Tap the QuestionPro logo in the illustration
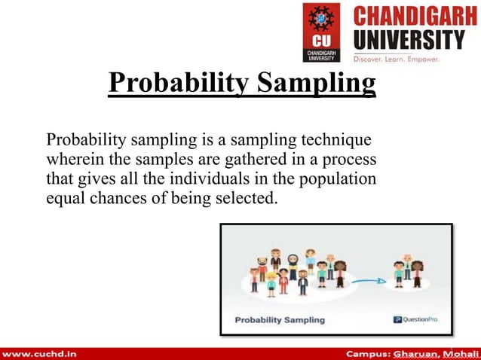[415, 319]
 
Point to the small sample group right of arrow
[406, 273]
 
